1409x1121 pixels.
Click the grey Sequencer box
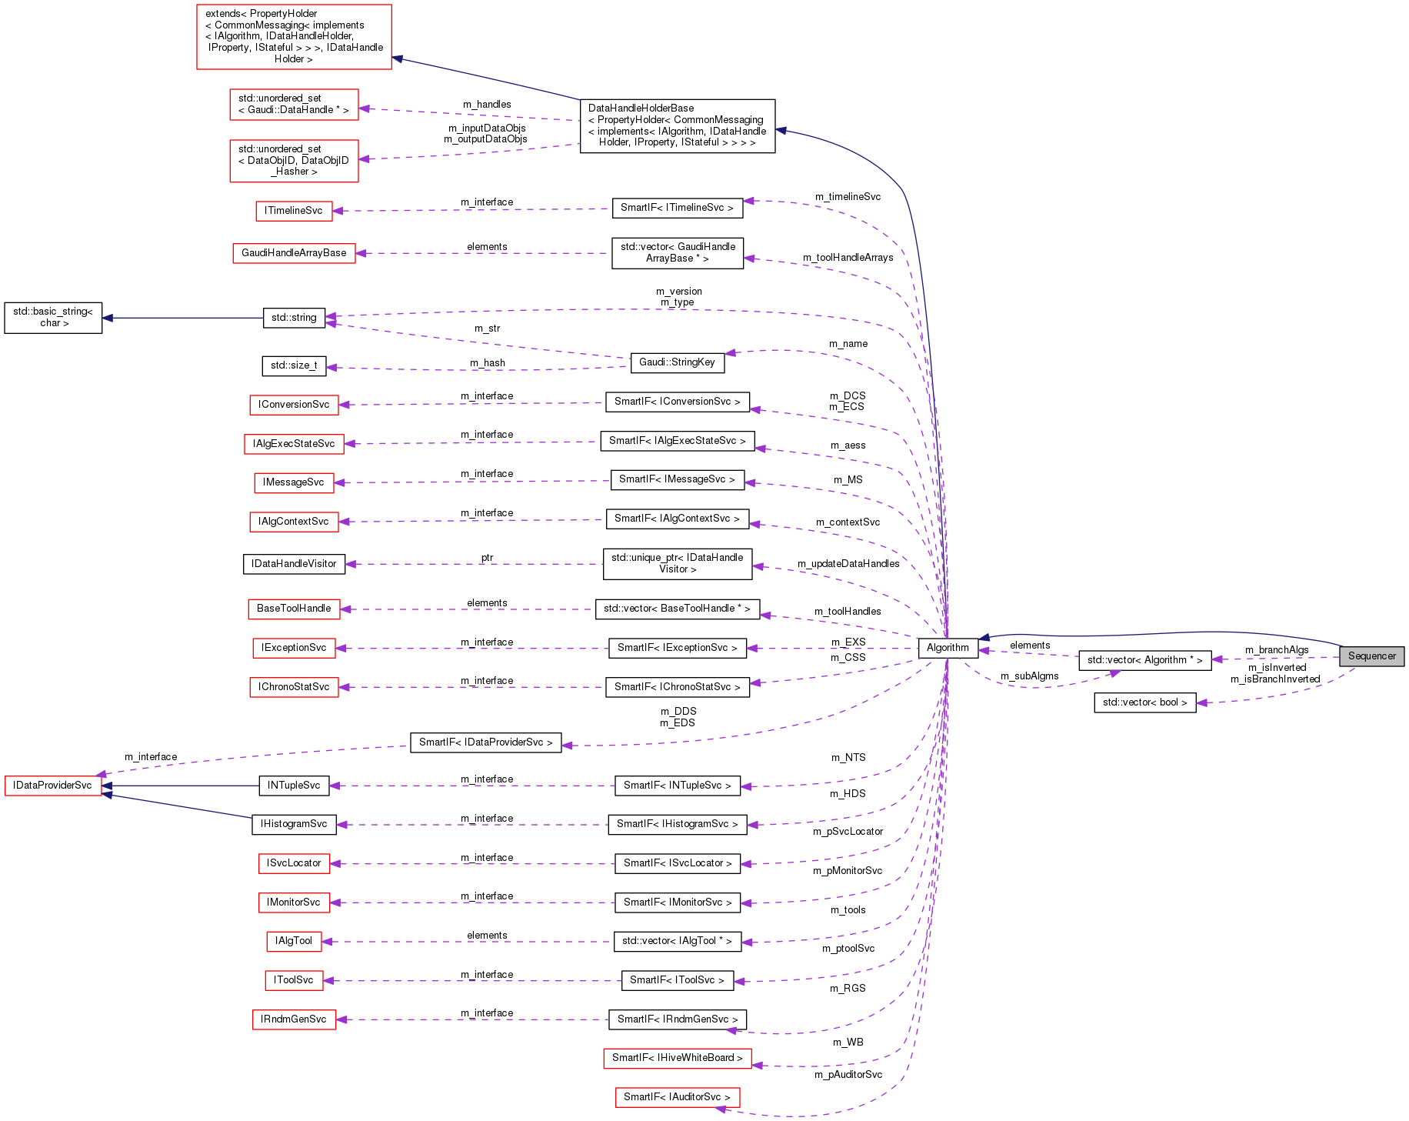pyautogui.click(x=1371, y=656)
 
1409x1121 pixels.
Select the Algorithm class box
pyautogui.click(x=948, y=648)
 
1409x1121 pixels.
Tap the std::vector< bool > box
pyautogui.click(x=1144, y=702)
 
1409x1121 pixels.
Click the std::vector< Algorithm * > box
pyautogui.click(x=1144, y=660)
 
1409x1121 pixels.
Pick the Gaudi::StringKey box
pyautogui.click(x=677, y=362)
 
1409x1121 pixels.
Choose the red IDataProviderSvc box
pyautogui.click(x=52, y=786)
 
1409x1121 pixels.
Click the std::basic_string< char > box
pyautogui.click(x=53, y=318)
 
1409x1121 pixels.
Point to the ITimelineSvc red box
pyautogui.click(x=294, y=211)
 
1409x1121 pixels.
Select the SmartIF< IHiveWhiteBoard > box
pyautogui.click(x=677, y=1058)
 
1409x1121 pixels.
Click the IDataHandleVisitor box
pyautogui.click(x=294, y=564)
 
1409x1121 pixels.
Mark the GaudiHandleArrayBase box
pyautogui.click(x=294, y=253)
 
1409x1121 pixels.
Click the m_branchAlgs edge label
pyautogui.click(x=1277, y=650)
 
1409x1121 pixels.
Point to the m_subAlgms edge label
pyautogui.click(x=1029, y=676)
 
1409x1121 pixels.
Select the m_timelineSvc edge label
pyautogui.click(x=848, y=197)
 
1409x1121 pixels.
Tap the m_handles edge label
pyautogui.click(x=487, y=105)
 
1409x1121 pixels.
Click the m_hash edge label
pyautogui.click(x=488, y=363)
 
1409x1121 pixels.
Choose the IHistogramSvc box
pyautogui.click(x=294, y=824)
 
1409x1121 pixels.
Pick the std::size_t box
pyautogui.click(x=294, y=365)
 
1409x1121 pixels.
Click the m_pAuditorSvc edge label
pyautogui.click(x=848, y=1075)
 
